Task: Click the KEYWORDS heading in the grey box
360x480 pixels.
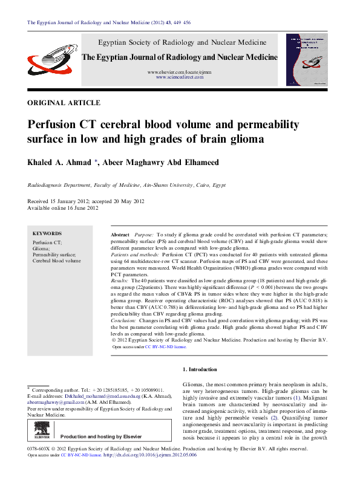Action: pos(47,233)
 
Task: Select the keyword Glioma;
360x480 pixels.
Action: pos(42,248)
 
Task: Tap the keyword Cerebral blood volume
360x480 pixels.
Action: pos(56,261)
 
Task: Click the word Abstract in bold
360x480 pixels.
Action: pos(120,234)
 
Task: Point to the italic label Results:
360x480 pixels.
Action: pos(119,282)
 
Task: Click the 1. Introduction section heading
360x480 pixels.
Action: pos(199,369)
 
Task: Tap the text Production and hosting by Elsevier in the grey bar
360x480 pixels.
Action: pos(101,436)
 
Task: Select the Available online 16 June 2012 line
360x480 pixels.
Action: pos(63,208)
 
